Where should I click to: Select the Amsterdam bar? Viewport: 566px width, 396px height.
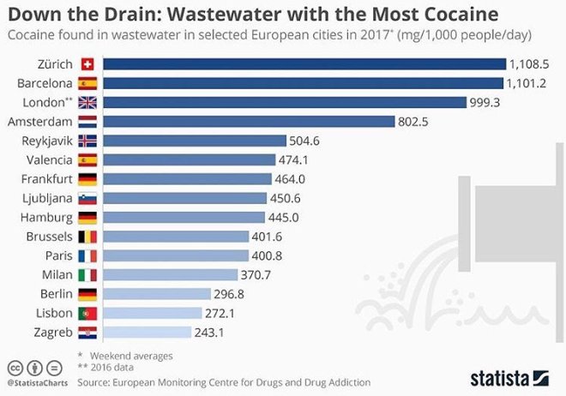(x=249, y=122)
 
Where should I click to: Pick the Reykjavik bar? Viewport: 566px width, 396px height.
(x=194, y=141)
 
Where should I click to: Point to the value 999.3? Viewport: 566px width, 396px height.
(x=485, y=102)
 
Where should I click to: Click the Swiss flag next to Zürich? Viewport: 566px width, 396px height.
(x=87, y=64)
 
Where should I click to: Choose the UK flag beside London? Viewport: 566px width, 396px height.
(x=87, y=103)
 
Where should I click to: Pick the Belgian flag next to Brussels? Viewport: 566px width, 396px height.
(x=87, y=237)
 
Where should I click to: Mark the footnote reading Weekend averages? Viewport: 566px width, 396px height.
(x=131, y=355)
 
